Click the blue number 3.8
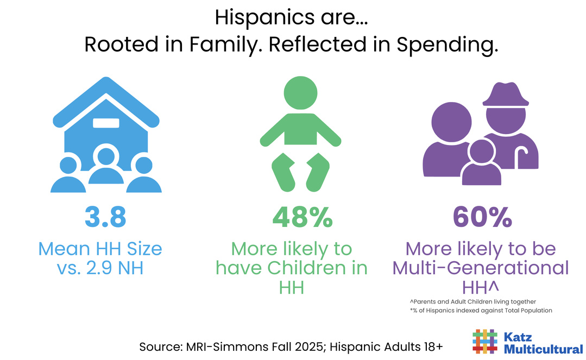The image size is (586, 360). (x=105, y=216)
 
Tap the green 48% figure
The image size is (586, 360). (x=302, y=216)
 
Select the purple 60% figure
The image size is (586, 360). (x=483, y=216)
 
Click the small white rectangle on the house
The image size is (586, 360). (x=106, y=123)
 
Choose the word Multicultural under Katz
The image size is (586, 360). (x=544, y=349)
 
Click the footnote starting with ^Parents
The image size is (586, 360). (x=473, y=301)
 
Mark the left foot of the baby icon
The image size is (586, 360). (x=284, y=168)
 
